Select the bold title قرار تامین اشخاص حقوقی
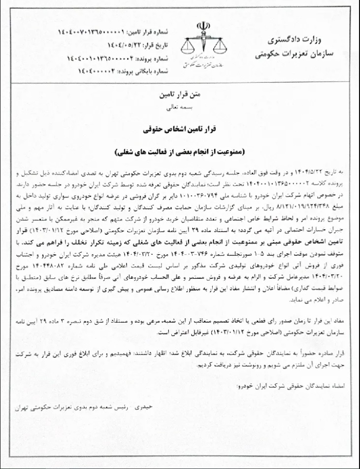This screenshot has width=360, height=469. [181, 130]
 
